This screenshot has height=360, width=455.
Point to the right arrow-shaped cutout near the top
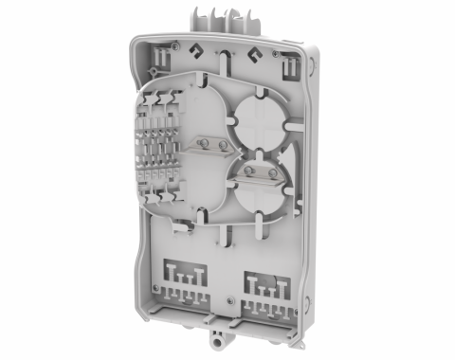click(x=254, y=55)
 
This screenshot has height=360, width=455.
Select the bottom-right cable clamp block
click(x=268, y=289)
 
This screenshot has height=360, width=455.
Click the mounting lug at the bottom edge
click(x=218, y=336)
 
